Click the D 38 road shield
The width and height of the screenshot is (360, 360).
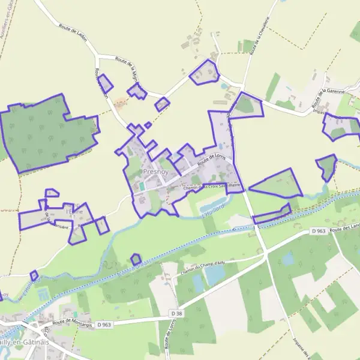pos(176,313)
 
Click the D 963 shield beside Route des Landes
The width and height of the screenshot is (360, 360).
pos(318,231)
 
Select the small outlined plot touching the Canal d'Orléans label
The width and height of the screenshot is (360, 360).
pos(136,259)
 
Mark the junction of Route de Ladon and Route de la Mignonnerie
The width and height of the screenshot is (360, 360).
pos(98,57)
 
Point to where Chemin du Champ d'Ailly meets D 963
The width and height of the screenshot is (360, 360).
pos(265,255)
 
